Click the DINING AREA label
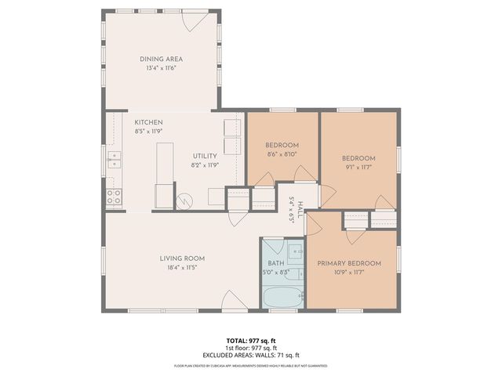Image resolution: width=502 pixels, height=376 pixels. [x=161, y=60]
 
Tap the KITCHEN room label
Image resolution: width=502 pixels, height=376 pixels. [x=148, y=123]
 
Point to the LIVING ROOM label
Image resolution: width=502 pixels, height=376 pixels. [x=182, y=258]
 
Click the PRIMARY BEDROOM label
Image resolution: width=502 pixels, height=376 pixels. [x=349, y=263]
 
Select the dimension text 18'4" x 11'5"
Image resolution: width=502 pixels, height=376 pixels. [x=182, y=268]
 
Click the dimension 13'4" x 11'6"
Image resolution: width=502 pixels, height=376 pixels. [x=161, y=69]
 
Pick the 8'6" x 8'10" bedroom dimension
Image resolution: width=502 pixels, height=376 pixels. [x=282, y=154]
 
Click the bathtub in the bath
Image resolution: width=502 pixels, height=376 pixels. [x=282, y=298]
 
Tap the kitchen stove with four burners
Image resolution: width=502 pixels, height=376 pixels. [x=114, y=197]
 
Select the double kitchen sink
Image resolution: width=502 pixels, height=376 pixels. [x=114, y=162]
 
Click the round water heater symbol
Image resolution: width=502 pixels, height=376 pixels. [x=184, y=201]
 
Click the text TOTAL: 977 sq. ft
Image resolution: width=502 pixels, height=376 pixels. [x=250, y=341]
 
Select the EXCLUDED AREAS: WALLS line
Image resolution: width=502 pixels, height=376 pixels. [x=250, y=355]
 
